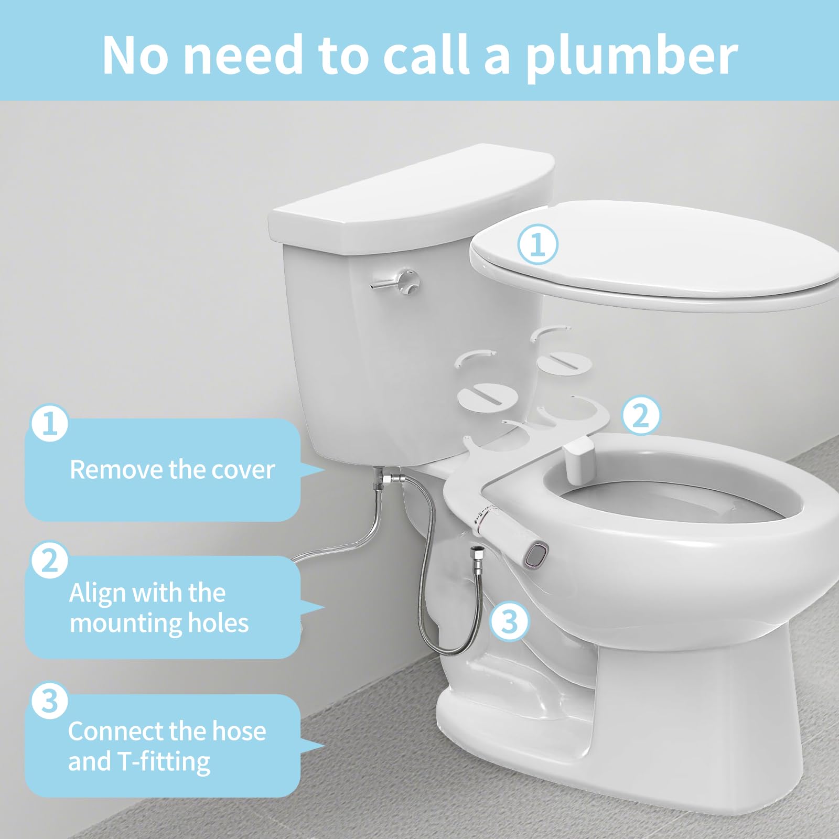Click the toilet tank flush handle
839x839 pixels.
coord(396,282)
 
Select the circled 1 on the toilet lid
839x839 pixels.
coord(538,244)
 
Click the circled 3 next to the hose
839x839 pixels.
coord(510,621)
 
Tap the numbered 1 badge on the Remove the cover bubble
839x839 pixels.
coord(50,423)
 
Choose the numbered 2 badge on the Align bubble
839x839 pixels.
coord(50,560)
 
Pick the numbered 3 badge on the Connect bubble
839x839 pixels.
coord(50,700)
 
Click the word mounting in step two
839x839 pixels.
coord(126,624)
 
